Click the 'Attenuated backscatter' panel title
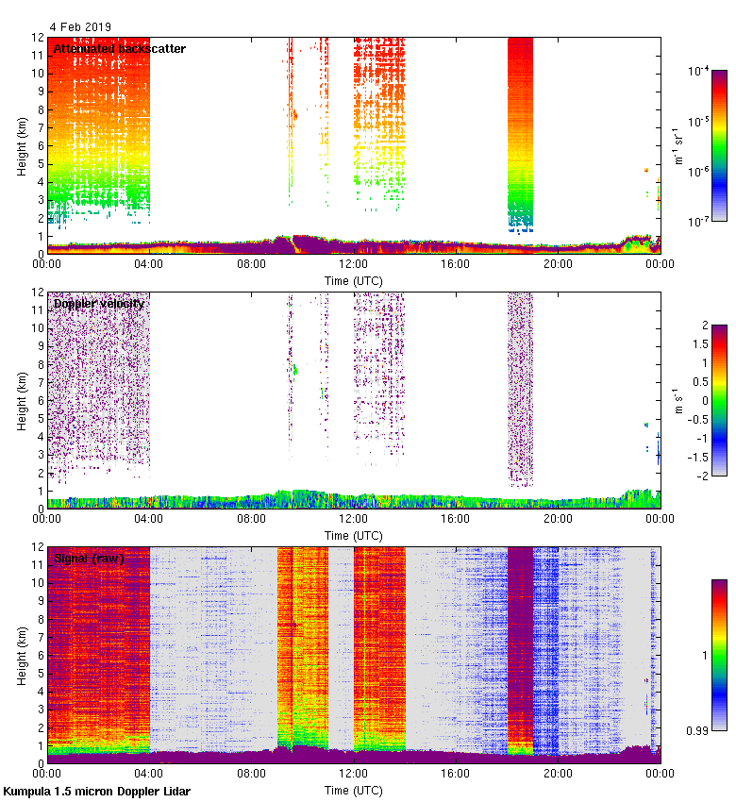point(119,48)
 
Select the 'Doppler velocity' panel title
point(99,303)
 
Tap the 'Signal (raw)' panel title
point(89,559)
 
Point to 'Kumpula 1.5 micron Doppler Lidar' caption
point(96,791)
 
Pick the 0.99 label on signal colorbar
point(702,730)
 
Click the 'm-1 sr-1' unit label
point(678,145)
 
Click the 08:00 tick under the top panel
point(251,265)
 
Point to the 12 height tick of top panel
point(35,38)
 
